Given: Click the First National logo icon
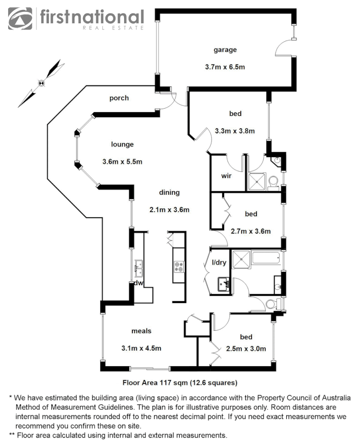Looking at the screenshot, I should [20, 18].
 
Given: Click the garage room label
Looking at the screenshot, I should [225, 50].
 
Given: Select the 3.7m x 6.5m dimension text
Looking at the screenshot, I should [225, 67].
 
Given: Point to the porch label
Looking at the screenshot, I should [119, 98].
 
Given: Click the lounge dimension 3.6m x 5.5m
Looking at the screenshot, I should [122, 161].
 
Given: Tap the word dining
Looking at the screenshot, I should [169, 192].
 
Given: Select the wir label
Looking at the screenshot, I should [227, 176].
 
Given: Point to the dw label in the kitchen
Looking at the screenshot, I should [139, 283].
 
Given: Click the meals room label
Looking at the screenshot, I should [141, 331].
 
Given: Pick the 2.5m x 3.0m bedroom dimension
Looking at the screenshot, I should [246, 349].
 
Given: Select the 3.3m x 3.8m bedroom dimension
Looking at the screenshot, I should [235, 131].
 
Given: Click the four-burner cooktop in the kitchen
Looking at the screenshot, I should [179, 266].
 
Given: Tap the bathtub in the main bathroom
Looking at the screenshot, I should [266, 258].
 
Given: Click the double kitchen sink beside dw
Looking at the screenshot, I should [139, 269].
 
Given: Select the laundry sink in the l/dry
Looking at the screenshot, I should [223, 284].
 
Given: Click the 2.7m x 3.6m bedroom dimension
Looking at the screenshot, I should [250, 231].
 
